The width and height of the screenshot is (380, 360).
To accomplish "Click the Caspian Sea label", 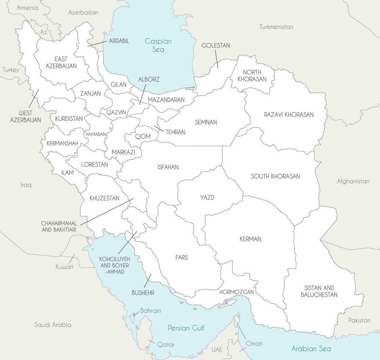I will click(x=158, y=45).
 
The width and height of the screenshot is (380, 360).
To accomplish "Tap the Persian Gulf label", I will click(x=186, y=328).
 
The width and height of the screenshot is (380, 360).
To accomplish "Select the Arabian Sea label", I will click(x=311, y=349).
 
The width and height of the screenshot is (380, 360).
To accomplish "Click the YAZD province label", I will click(x=207, y=198).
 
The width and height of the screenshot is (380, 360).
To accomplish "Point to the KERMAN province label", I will click(x=250, y=239).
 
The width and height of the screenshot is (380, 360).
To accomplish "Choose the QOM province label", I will click(x=143, y=136).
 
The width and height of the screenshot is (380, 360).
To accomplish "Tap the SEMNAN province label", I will click(x=206, y=122).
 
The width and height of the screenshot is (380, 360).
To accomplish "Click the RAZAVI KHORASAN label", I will click(x=288, y=115).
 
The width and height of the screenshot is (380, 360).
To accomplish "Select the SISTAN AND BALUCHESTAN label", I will click(x=319, y=291).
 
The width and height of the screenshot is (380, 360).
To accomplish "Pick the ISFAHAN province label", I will click(x=168, y=167).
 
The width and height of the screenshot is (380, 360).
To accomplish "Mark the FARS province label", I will click(x=182, y=258).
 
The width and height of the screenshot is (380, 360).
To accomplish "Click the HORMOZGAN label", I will click(x=237, y=292).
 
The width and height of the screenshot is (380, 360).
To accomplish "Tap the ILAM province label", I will click(x=67, y=172).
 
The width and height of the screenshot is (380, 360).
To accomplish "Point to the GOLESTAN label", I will click(x=215, y=46).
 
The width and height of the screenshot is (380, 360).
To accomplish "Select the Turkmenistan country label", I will click(x=276, y=27).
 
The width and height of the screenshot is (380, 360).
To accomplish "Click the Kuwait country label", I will click(x=64, y=267).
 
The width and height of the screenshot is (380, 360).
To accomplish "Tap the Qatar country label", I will click(x=165, y=345).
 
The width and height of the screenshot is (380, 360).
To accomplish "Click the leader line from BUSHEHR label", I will click(x=147, y=280).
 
